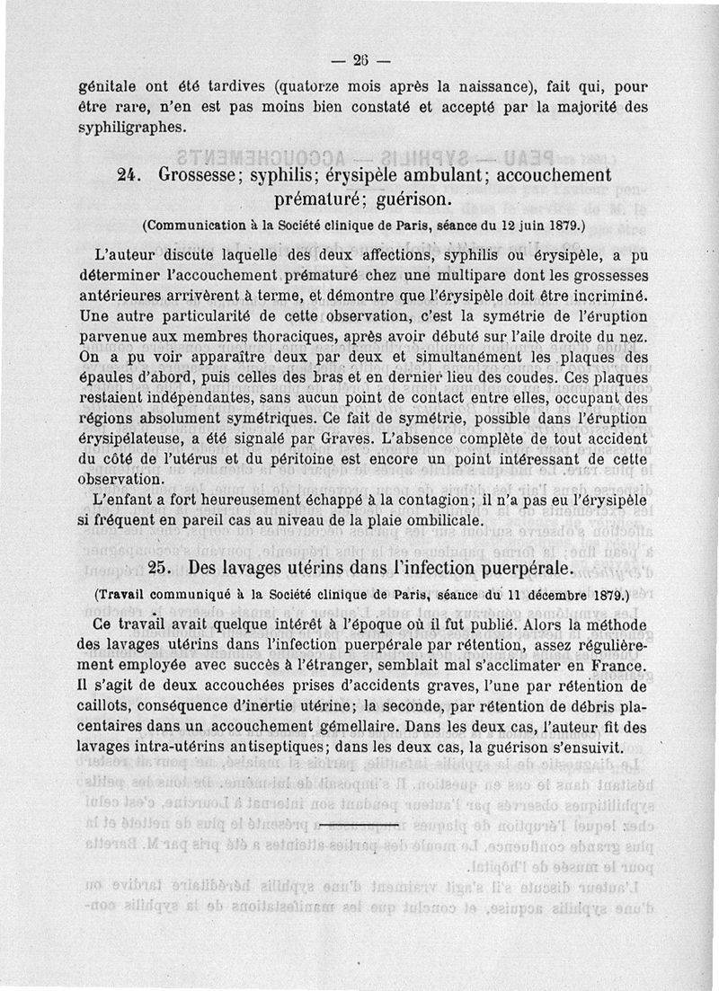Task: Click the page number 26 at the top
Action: [361, 62]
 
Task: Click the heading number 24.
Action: [131, 175]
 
